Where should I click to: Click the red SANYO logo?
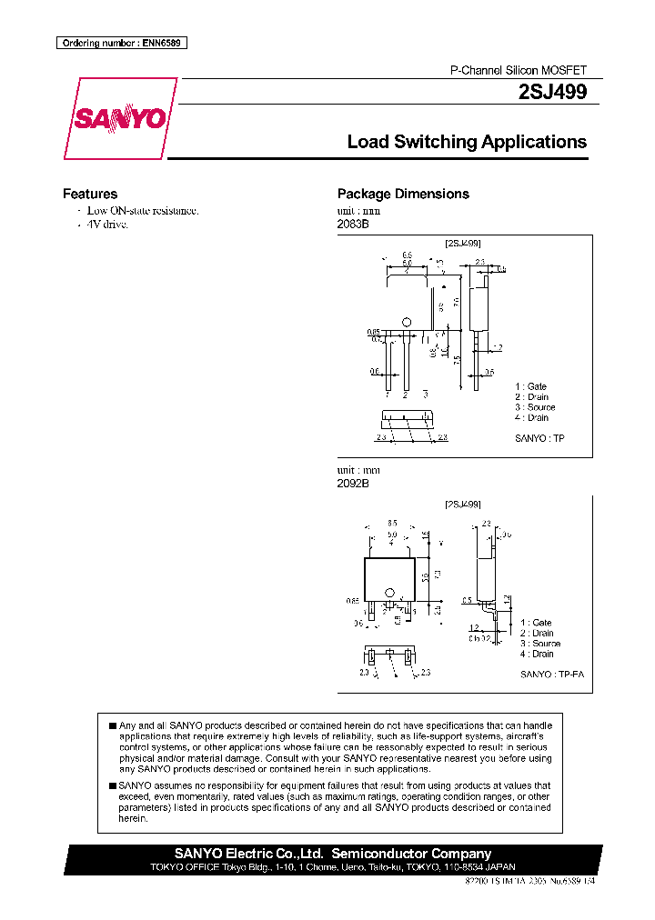[118, 119]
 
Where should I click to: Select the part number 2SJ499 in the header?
[552, 92]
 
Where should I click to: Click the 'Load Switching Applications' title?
[467, 142]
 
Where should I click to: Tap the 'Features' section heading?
[89, 194]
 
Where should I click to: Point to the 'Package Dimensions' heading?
[403, 194]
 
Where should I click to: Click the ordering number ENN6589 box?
[121, 43]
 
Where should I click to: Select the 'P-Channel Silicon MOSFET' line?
[519, 70]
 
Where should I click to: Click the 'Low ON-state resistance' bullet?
[142, 210]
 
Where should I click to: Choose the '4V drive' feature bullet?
[107, 224]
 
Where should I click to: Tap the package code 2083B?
[353, 224]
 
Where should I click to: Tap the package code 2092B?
[353, 484]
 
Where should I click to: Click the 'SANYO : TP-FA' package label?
[552, 675]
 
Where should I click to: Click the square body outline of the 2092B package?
[389, 576]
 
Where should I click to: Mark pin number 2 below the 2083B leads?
[405, 395]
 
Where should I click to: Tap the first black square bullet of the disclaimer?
[112, 725]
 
